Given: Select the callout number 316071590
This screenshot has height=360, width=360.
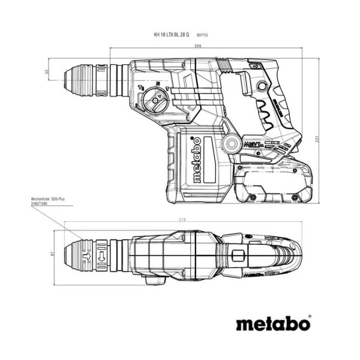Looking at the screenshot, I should [x=41, y=205].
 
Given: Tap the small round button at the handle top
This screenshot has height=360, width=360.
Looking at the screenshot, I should [x=260, y=86].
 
